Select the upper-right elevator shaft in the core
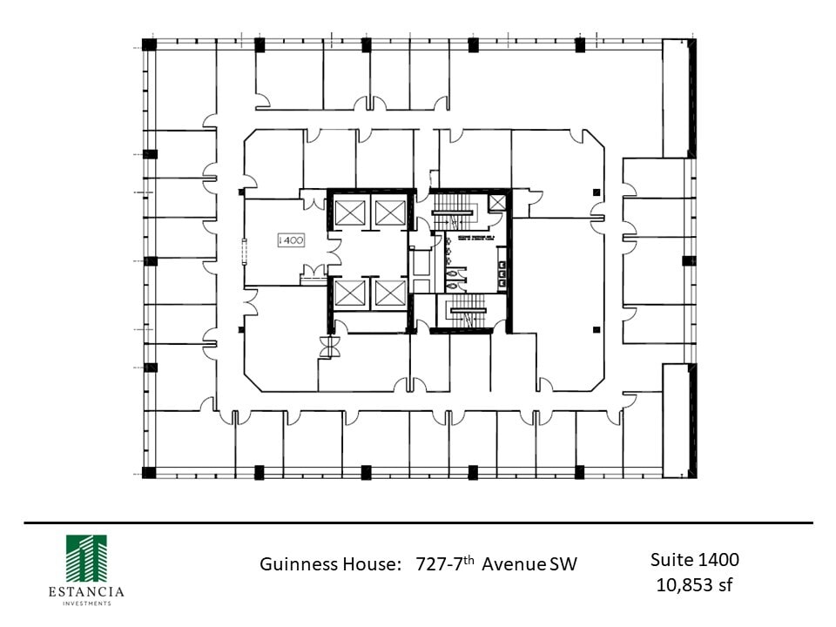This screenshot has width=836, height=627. pos(388,211)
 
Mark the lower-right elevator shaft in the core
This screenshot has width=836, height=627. pos(388,293)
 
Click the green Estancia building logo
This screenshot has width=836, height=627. pos(86,558)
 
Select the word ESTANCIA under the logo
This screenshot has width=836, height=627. pos(86,592)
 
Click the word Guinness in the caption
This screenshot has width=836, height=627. pos(296,564)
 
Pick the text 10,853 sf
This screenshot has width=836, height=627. pos(694,584)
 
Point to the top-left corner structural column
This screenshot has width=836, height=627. pos(149,44)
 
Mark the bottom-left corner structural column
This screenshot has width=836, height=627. pos(149,473)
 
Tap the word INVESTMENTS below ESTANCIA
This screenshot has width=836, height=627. pos(86,603)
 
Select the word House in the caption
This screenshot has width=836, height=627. pos(366,564)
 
